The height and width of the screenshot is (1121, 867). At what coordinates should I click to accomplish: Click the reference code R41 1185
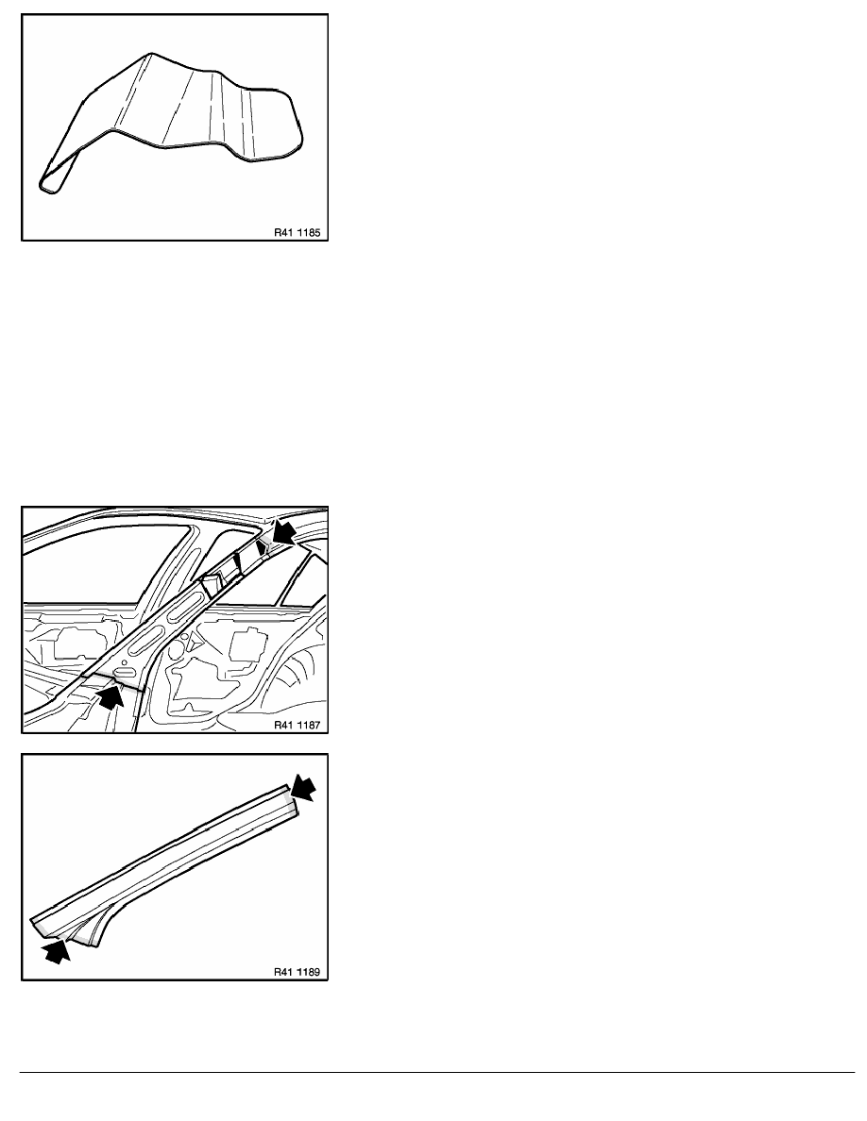pyautogui.click(x=297, y=232)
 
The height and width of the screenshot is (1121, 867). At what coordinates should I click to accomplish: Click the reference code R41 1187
pyautogui.click(x=297, y=725)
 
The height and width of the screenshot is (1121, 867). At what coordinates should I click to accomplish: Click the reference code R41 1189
pyautogui.click(x=297, y=972)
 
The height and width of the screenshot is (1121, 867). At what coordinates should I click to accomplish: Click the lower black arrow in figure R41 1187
pyautogui.click(x=110, y=697)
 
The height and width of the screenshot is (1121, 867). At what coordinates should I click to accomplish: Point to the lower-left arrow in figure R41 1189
pyautogui.click(x=58, y=950)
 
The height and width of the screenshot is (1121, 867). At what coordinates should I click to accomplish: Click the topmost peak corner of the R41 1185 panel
pyautogui.click(x=151, y=54)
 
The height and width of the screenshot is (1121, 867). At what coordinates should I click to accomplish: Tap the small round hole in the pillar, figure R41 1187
pyautogui.click(x=184, y=636)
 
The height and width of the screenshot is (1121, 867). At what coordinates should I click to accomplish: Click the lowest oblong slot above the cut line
pyautogui.click(x=125, y=673)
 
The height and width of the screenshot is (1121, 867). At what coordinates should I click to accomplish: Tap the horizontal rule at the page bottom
pyautogui.click(x=437, y=1072)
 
